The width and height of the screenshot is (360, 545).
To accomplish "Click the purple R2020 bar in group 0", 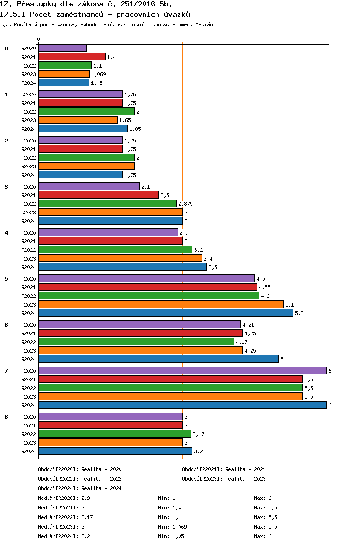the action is click(62, 48).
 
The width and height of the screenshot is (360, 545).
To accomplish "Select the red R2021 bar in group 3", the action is click(99, 195).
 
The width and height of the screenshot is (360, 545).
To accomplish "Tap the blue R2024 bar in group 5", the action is click(166, 313).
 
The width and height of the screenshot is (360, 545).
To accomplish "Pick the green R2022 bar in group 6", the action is click(136, 342).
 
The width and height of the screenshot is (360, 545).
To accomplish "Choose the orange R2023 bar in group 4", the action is click(120, 258).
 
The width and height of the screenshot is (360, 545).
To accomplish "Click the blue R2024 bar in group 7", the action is click(182, 405).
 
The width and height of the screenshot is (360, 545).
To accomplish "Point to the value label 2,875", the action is click(185, 204).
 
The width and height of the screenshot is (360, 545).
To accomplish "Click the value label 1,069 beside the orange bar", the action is click(98, 74).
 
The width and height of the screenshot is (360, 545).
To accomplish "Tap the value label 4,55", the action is click(264, 287).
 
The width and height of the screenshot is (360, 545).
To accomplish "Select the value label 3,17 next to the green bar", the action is click(199, 434).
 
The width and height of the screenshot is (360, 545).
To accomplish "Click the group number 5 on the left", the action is click(6, 279).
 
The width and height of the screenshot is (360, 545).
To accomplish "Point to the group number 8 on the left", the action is click(6, 417).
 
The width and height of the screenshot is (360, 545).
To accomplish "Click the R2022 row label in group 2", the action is click(28, 158).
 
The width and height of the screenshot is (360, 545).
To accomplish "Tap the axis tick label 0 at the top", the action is click(38, 39).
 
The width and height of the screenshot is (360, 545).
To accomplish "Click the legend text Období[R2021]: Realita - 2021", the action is click(224, 469).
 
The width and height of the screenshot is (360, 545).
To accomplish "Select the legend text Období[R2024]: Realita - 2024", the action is click(80, 488).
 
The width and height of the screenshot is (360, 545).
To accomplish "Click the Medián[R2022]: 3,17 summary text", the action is click(65, 517).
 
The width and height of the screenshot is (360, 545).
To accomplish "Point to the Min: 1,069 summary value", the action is click(172, 527).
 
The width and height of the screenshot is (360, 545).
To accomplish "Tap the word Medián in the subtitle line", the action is click(204, 24).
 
